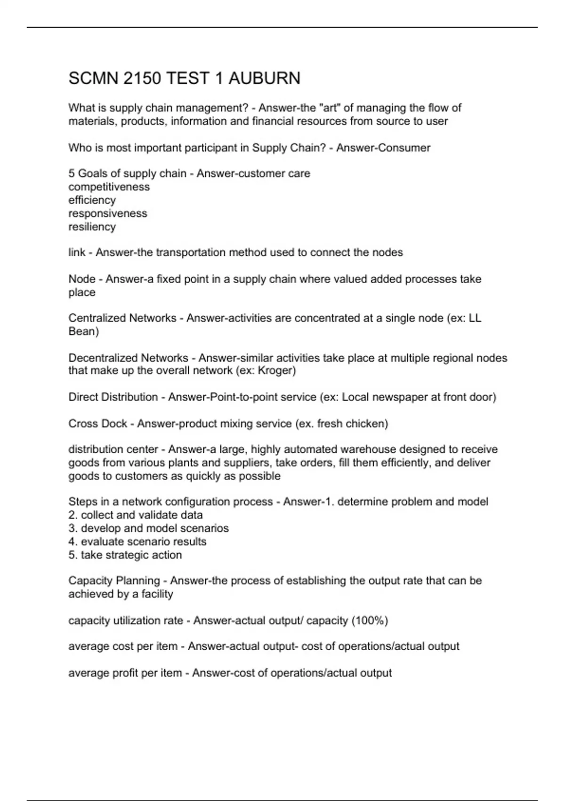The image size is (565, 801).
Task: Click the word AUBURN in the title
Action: [x=264, y=78]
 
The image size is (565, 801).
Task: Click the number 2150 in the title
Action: [x=142, y=78]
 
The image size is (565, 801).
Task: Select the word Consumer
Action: [x=407, y=147]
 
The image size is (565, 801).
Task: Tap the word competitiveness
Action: [x=109, y=187]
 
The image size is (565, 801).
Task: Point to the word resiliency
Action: [x=92, y=227]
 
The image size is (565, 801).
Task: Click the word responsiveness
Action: [x=107, y=213]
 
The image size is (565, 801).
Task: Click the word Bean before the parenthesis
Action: [x=81, y=332]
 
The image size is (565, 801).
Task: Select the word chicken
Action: [x=365, y=424]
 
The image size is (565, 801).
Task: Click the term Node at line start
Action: [x=81, y=279]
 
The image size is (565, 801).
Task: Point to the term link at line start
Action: [x=77, y=253]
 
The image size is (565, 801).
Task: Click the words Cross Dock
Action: [x=97, y=424]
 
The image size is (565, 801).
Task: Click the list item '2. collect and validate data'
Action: [x=136, y=515]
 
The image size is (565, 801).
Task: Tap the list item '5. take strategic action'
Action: [x=125, y=555]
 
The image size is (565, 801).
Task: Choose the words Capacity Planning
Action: [x=114, y=580]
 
